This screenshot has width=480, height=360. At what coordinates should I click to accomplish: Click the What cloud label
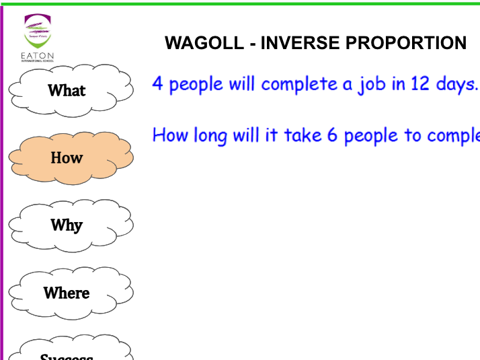click(x=67, y=90)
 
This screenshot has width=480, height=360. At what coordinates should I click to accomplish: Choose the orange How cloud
click(x=67, y=157)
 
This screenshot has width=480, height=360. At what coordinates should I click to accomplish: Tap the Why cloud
click(x=67, y=225)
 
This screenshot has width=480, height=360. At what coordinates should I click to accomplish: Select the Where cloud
click(x=67, y=293)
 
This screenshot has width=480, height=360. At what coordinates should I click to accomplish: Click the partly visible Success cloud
click(x=67, y=353)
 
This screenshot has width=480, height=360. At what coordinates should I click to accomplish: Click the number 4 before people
click(x=158, y=84)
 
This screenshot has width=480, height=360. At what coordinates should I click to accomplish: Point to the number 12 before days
click(x=412, y=84)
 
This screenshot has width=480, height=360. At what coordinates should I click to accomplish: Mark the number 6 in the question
click(x=331, y=135)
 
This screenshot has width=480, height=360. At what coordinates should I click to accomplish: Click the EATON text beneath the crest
click(x=38, y=56)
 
